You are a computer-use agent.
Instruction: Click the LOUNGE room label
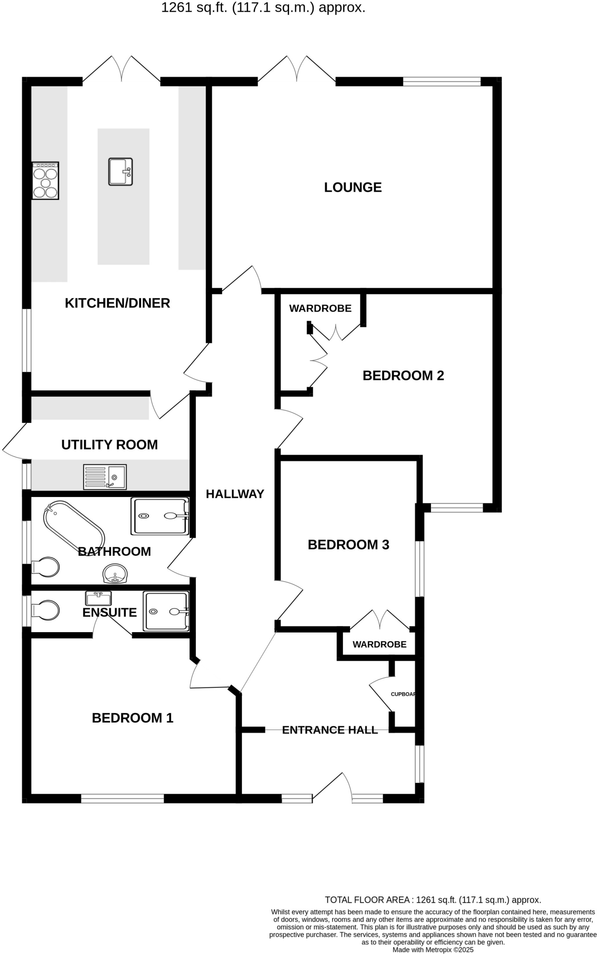point(353,188)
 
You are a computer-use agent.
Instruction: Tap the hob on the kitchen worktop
point(45,181)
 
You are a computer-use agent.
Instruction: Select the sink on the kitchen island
point(121,171)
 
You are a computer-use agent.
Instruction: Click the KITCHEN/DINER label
point(117,303)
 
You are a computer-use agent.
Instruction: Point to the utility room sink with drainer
point(105,477)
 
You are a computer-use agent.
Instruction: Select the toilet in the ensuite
point(45,610)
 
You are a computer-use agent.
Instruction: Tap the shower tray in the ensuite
point(166,611)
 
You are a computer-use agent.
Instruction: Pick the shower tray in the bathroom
point(160,516)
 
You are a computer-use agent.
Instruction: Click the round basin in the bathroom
point(115,573)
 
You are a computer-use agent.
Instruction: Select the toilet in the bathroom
point(45,567)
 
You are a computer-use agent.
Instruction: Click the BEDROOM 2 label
point(403,375)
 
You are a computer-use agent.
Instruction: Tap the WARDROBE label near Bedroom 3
point(379,644)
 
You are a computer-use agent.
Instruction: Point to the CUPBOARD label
point(403,694)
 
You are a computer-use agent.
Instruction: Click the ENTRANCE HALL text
point(330,730)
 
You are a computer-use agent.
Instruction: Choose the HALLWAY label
point(235,494)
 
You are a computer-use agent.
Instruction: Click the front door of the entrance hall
point(332,787)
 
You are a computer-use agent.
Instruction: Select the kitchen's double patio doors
point(121,70)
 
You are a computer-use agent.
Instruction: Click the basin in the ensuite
point(98,598)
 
